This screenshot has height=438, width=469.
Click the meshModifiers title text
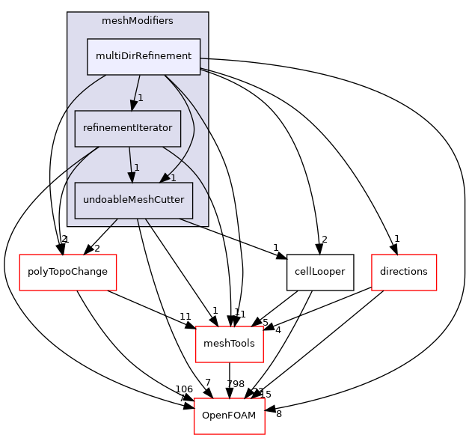point(138,21)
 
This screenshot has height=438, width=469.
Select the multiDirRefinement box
point(144,56)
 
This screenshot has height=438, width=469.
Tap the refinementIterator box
point(127,128)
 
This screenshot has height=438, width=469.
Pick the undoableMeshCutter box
point(134,200)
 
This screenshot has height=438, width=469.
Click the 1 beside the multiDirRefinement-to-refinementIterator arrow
point(141,98)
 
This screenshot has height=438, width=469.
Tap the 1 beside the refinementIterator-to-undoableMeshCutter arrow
point(137,167)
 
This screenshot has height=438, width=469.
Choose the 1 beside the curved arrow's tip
point(173,178)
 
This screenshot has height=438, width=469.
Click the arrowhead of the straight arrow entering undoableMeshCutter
point(132,176)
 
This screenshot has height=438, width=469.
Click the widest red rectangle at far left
point(67,272)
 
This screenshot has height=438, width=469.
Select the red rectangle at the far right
point(404,272)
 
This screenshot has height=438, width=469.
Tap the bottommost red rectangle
point(229,416)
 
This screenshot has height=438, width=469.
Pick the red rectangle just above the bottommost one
point(229,344)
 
